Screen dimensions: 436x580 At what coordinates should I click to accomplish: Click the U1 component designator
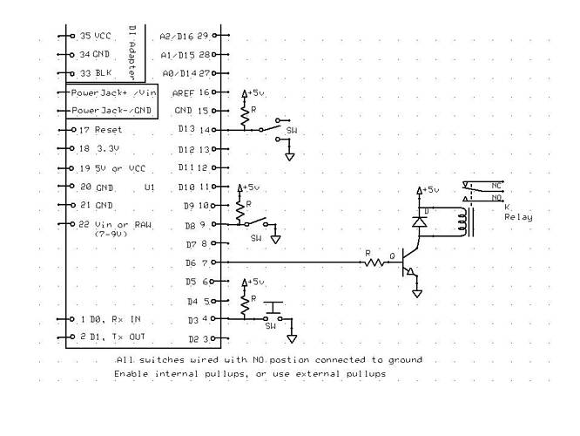150,187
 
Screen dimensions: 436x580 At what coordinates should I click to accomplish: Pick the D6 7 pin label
196,262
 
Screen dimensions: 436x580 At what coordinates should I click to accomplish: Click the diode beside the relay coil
420,222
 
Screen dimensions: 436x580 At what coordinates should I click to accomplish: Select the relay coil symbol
470,221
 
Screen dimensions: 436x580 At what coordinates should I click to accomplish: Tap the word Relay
518,217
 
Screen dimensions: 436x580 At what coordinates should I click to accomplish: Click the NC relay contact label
496,185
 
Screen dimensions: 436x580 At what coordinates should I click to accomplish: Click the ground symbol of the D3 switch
293,337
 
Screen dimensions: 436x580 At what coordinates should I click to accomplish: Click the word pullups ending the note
366,374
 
